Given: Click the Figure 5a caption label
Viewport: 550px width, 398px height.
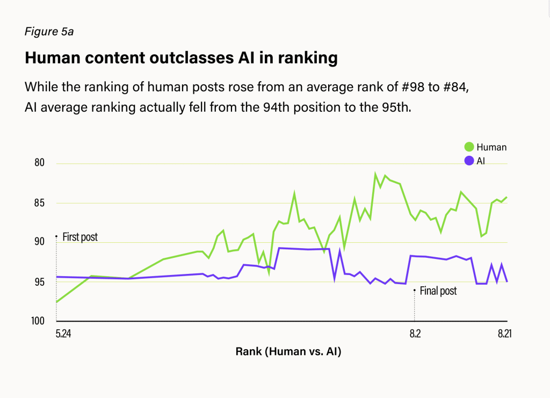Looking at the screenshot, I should click(x=49, y=32).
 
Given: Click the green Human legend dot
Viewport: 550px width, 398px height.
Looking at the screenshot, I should click(x=469, y=147).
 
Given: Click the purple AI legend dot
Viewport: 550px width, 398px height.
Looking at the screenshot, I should click(x=469, y=160).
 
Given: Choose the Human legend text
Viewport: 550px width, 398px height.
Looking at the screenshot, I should click(x=491, y=147).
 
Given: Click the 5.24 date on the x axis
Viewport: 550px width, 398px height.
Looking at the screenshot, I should click(x=63, y=334).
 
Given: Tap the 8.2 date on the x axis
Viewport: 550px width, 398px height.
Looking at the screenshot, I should click(x=415, y=334).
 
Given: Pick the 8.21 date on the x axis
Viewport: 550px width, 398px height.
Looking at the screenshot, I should click(x=504, y=334).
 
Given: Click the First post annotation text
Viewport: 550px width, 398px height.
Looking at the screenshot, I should click(x=80, y=237).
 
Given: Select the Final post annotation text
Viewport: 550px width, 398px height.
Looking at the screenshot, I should click(x=438, y=291).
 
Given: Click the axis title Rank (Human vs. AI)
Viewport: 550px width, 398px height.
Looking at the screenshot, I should click(x=288, y=352).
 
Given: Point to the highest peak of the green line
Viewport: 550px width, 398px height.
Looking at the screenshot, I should click(x=375, y=174).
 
